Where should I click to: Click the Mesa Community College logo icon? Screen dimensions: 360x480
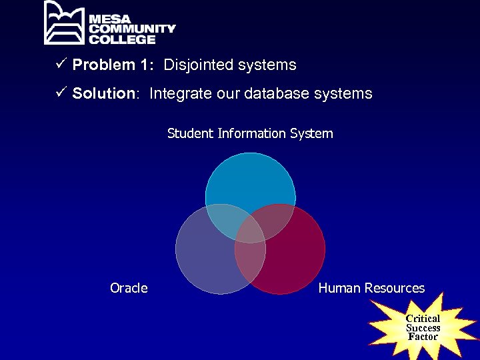point(65,23)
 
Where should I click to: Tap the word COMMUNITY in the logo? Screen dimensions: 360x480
point(132,29)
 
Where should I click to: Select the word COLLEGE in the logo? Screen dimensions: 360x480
point(122,39)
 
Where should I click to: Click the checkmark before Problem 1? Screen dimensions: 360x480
point(62,65)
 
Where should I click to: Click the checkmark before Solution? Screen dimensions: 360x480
point(62,93)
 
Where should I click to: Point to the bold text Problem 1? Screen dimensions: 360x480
point(114,65)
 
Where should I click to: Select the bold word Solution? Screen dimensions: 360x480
point(104,93)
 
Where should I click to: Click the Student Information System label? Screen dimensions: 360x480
point(250,133)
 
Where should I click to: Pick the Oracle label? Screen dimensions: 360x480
point(129,288)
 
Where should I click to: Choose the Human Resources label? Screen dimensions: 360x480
point(371,288)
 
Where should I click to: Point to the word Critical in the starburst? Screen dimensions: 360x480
point(423,319)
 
